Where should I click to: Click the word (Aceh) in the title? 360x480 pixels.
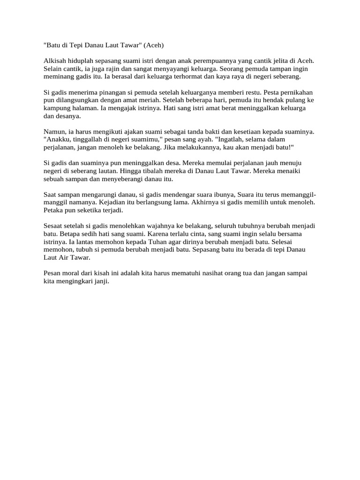pos(155,45)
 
